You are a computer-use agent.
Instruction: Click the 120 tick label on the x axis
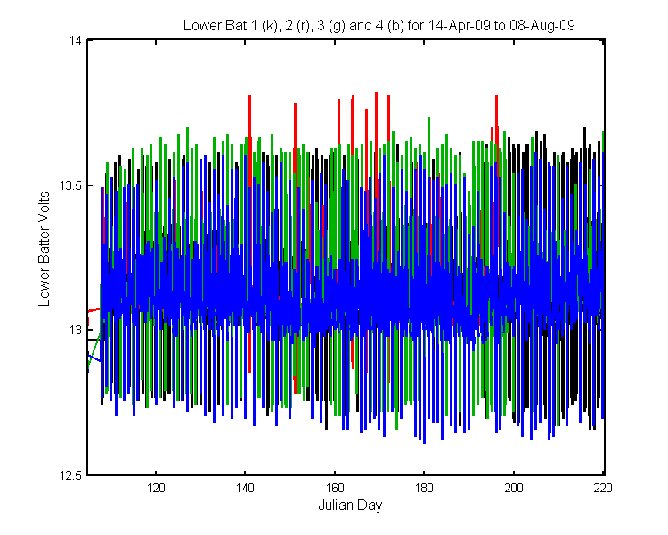tap(156, 488)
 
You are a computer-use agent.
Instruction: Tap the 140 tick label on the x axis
tap(245, 488)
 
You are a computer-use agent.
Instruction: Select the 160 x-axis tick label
tap(334, 488)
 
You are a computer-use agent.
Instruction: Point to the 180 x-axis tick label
tap(424, 488)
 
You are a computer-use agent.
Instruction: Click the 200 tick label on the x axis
tap(514, 488)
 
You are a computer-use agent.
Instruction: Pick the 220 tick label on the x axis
tap(603, 488)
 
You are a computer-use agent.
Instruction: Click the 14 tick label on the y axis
tap(76, 40)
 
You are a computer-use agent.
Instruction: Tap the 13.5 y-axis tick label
tap(70, 186)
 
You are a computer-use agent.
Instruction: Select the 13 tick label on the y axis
tap(76, 331)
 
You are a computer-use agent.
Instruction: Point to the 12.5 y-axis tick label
tap(70, 475)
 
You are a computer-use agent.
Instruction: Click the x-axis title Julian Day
tap(350, 506)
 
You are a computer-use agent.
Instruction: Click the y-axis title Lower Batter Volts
tap(45, 249)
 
